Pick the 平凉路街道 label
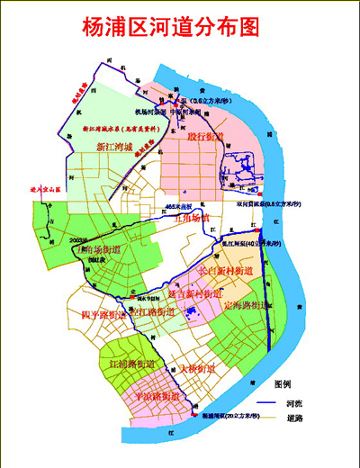[157, 395]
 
